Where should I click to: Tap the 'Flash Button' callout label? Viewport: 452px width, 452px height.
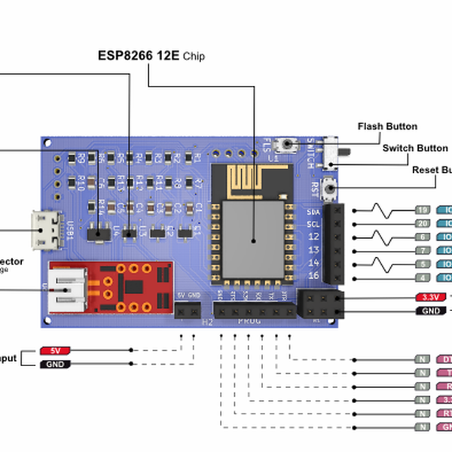point(387,127)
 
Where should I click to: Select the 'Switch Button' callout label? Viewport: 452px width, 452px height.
point(414,148)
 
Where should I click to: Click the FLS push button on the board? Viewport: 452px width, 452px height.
point(287,145)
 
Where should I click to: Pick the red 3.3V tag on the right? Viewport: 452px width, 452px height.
point(432,298)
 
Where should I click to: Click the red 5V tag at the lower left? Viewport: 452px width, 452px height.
point(55,351)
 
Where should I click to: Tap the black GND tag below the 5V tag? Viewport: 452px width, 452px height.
point(55,365)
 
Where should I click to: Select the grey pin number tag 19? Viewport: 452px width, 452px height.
point(423,210)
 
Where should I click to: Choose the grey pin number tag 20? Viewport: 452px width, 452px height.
point(423,224)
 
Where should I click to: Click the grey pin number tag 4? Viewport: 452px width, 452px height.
point(423,278)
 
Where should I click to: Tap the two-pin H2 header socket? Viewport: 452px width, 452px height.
point(188,310)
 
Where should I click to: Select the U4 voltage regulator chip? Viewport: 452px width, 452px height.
point(97,236)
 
